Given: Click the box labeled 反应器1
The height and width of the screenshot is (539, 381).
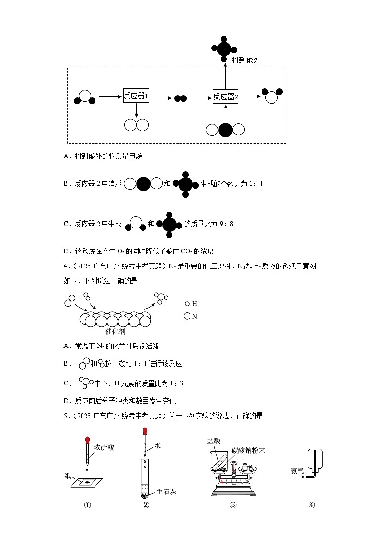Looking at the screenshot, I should pos(136,96).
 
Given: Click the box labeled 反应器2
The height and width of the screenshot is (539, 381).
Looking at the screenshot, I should pos(226,96).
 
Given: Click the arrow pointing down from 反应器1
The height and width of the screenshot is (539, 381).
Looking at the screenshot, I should pos(136,110).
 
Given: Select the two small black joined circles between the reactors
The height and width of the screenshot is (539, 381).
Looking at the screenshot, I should pos(180,98).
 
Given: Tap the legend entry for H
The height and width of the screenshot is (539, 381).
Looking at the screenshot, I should pos(191,304).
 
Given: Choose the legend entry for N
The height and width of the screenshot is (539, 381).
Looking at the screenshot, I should pos(191,316).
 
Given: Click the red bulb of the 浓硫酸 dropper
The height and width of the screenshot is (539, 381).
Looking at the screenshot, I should pos(87,440).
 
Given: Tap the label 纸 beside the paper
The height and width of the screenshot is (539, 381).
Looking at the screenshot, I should pos(67,476).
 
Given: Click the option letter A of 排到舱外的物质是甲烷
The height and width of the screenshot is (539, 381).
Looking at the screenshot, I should pos(66,156).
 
